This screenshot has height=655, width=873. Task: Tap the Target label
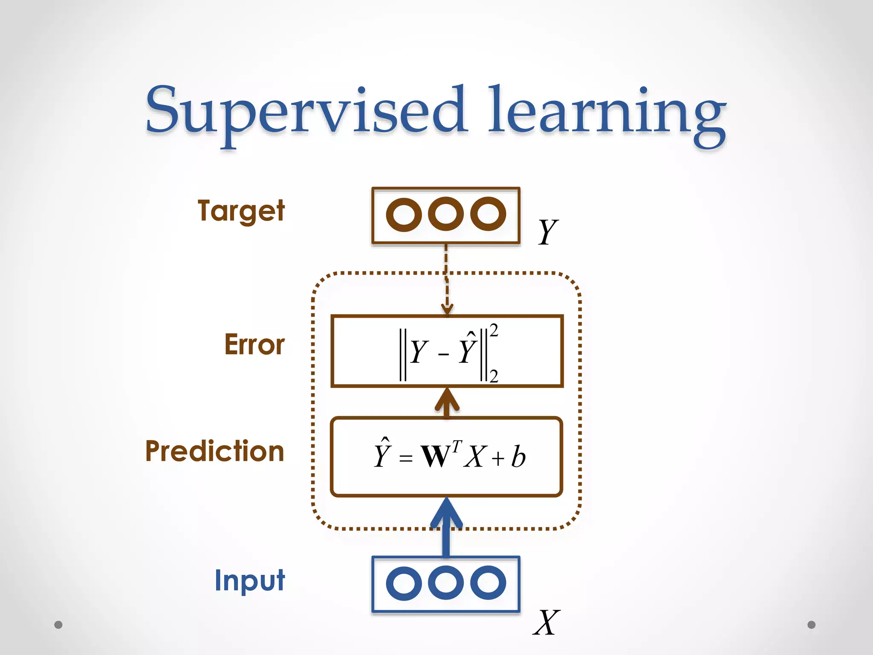(241, 211)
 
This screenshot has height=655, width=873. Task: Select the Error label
(254, 345)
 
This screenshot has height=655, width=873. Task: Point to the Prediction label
(214, 451)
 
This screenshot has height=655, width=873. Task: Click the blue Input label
(249, 580)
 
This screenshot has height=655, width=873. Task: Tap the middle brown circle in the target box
(445, 214)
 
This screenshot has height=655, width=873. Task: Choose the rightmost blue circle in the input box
(488, 583)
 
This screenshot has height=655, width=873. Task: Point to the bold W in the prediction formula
(436, 456)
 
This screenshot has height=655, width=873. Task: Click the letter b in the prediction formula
(518, 456)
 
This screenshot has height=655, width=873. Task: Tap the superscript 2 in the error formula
(494, 330)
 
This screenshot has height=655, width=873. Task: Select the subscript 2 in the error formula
(494, 376)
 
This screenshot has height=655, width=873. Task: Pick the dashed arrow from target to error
(446, 281)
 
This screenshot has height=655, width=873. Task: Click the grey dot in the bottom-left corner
(58, 625)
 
